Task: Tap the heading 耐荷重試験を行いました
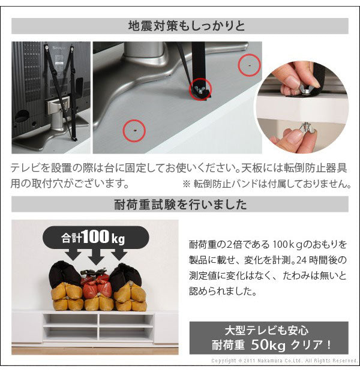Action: (x=179, y=205)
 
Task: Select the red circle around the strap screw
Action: (x=200, y=91)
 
